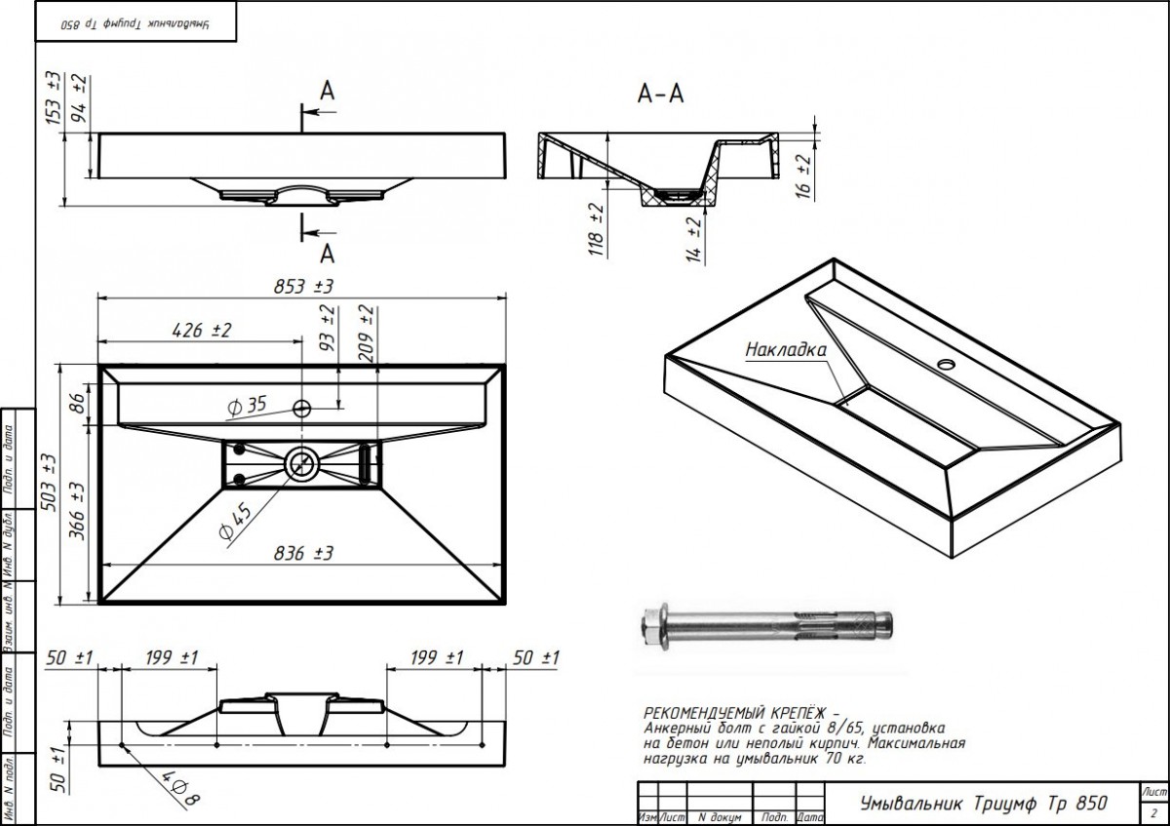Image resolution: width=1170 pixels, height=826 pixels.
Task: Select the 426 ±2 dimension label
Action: (201, 331)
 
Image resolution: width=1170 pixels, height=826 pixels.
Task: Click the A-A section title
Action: (660, 94)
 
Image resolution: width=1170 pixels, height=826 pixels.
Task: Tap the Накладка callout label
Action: (786, 349)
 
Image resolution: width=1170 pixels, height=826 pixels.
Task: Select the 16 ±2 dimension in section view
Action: (803, 176)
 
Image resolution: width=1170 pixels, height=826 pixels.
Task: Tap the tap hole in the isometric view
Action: (945, 366)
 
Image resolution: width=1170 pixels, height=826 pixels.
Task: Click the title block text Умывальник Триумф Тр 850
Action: (984, 804)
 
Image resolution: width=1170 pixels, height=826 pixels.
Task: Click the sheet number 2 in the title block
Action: (1153, 811)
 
